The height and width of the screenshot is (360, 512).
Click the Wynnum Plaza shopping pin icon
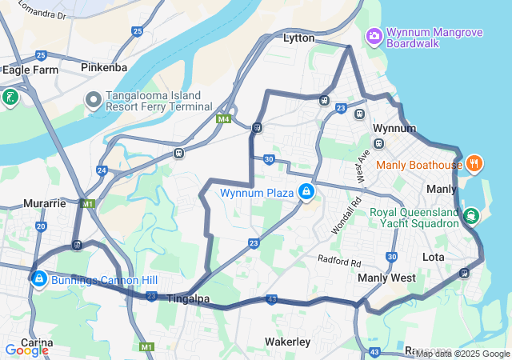306,192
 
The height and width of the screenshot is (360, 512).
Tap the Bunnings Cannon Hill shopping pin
38,278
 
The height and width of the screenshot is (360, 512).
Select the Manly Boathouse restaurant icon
474,164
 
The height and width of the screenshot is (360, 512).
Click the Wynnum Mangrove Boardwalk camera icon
374,36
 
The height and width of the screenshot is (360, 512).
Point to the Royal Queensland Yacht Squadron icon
471,215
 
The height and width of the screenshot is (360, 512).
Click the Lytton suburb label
299,38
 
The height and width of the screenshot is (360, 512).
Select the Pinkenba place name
104,68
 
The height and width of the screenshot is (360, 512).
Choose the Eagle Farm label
30,70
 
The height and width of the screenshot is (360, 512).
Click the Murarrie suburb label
44,203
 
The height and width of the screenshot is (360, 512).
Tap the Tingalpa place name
188,298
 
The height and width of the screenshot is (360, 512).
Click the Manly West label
386,278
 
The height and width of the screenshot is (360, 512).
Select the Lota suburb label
433,257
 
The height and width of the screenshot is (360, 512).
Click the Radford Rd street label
339,261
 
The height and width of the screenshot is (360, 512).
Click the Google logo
26,350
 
